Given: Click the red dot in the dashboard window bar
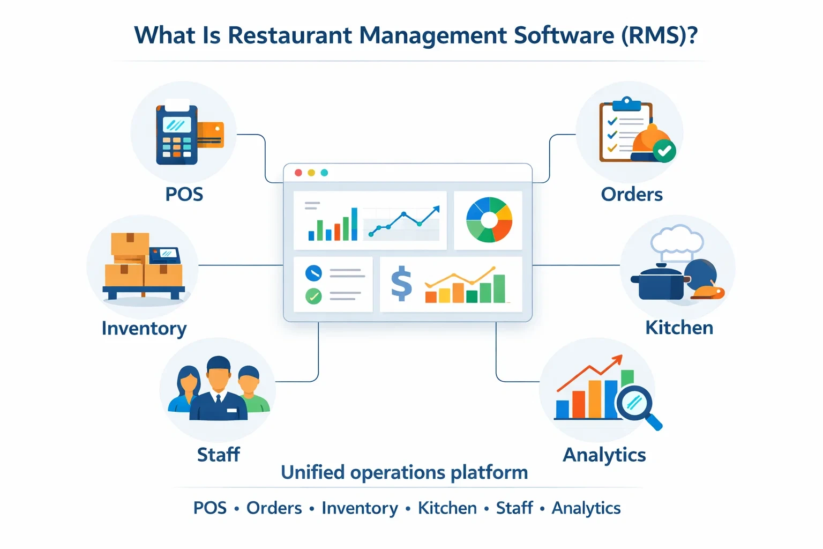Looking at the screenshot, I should [298, 173].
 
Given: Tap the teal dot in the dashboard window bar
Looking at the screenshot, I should [324, 173].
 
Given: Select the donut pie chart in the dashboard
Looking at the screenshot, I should [489, 220].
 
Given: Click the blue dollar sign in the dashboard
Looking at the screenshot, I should [401, 284].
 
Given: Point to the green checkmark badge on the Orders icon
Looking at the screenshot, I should [665, 151].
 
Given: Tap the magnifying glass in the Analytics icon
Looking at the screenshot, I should [636, 403].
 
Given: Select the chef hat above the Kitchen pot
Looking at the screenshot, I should [677, 240].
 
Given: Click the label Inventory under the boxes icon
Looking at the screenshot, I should [144, 328].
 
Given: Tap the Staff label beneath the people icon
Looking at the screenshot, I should [218, 455].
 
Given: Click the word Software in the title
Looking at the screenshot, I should [564, 35].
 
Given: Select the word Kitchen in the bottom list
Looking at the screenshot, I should [447, 508].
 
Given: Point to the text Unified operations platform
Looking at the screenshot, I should [405, 472].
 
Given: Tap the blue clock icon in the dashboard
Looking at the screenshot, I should [313, 273].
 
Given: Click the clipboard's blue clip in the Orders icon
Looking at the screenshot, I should [626, 103].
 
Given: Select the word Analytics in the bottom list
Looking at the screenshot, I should [586, 508].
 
